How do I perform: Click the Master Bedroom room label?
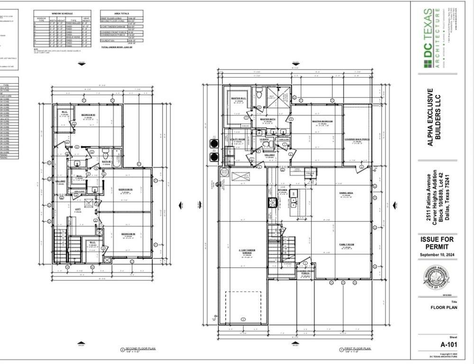pyautogui.click(x=322, y=121)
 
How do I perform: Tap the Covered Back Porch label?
pyautogui.click(x=357, y=139)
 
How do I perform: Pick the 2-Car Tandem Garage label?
pyautogui.click(x=242, y=253)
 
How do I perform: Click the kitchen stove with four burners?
pyautogui.click(x=273, y=203)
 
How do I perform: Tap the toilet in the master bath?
pyautogui.click(x=261, y=93)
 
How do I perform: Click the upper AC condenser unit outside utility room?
pyautogui.click(x=214, y=143)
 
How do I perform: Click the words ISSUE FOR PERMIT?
pyautogui.click(x=437, y=243)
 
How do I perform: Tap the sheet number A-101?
pyautogui.click(x=448, y=345)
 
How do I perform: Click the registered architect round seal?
pyautogui.click(x=436, y=278)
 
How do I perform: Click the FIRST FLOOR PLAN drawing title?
pyautogui.click(x=358, y=348)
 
